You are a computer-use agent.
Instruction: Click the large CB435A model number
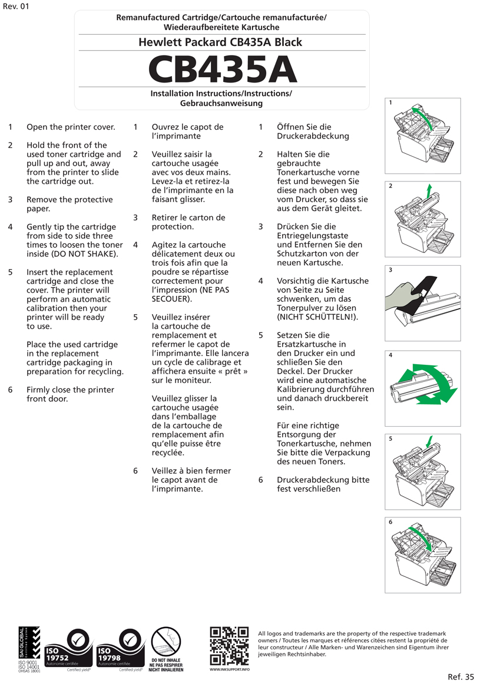click(x=222, y=69)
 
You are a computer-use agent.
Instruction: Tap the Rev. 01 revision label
click(x=16, y=6)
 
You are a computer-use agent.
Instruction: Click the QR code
click(x=229, y=646)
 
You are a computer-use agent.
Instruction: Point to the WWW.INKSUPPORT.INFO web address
click(x=230, y=669)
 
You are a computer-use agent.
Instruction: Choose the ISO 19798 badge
click(x=121, y=649)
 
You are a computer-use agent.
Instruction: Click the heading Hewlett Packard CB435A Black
click(x=220, y=42)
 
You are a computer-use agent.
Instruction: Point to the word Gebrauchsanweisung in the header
click(x=221, y=103)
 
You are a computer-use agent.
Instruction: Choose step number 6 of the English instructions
click(x=10, y=390)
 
